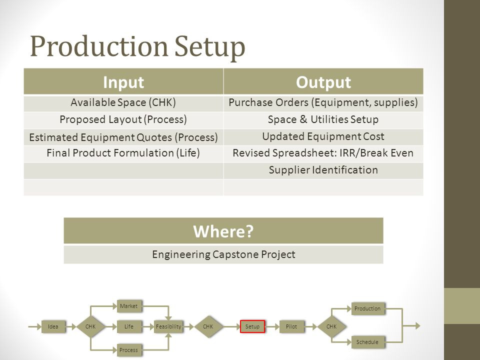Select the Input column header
124,82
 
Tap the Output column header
323,82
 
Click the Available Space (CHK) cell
123,103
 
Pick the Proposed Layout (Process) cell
123,119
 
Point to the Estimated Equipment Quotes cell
123,137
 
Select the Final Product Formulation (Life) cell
123,153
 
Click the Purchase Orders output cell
323,103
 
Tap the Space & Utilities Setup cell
323,119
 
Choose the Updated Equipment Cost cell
323,136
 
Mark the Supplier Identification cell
323,170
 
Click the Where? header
223,231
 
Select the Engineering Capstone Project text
223,254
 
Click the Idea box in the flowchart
53,326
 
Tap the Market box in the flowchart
128,305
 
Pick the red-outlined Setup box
252,326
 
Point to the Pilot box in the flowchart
291,326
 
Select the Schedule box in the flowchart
367,342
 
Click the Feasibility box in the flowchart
168,326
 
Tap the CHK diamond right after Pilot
331,326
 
